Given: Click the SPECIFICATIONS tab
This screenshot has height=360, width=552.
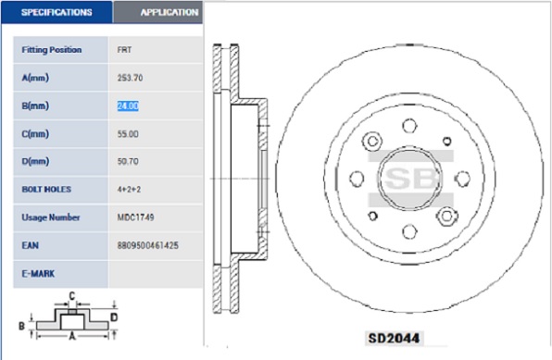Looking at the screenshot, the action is point(56,12).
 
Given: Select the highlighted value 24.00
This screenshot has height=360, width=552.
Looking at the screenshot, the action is point(128,106).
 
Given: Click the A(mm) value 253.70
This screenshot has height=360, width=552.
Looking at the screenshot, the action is point(130,78).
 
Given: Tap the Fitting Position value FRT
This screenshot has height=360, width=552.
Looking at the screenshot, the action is point(124,50).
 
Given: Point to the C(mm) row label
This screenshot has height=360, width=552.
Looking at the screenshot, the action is point(35,133).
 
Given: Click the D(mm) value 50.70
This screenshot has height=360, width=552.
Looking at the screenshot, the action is point(128,162).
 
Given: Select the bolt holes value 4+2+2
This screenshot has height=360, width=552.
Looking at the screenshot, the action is point(129,190).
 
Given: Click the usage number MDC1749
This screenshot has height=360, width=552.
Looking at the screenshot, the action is point(135,217).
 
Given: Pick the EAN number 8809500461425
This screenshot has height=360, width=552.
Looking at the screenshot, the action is point(148,245).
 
